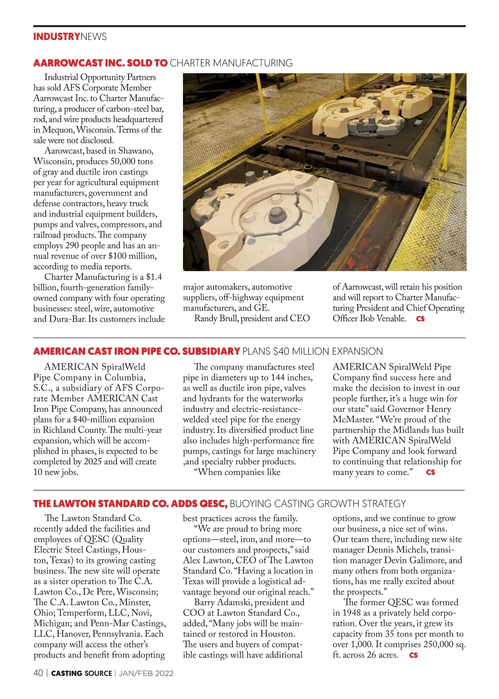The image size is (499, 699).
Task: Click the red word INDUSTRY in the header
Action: [x=57, y=37]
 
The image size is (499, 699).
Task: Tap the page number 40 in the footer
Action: [x=38, y=673]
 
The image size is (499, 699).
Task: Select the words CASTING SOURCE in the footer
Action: [x=82, y=673]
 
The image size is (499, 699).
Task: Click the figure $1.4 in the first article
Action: [x=154, y=277]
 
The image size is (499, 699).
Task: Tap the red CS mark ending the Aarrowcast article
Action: [x=420, y=319]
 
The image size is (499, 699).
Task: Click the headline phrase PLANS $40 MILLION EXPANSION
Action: [x=312, y=352]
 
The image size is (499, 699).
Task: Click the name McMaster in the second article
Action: [x=352, y=419]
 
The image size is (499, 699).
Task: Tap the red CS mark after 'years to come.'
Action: [x=431, y=472]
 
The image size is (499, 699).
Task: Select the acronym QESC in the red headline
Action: [x=213, y=504]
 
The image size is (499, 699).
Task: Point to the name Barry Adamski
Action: [x=223, y=602]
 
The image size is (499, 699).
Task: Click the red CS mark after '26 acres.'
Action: [x=413, y=655]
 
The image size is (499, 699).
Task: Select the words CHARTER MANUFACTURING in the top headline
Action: [x=231, y=63]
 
